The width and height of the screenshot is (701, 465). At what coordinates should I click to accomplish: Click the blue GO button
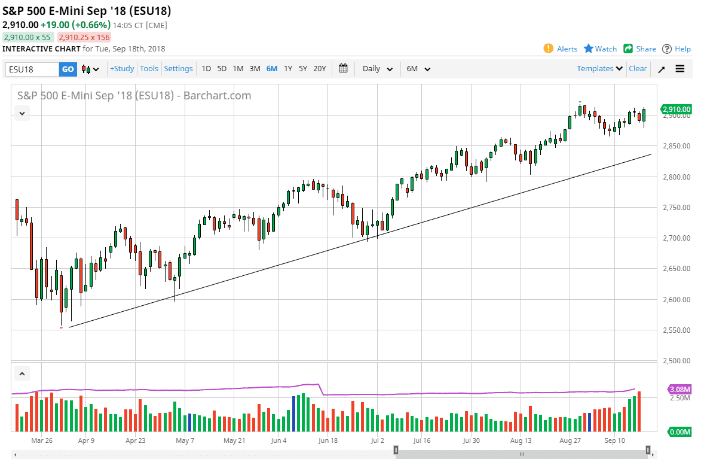tap(68, 69)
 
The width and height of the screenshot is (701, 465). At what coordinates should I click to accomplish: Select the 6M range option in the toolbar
tap(272, 69)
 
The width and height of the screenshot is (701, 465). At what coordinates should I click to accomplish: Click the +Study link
tap(122, 69)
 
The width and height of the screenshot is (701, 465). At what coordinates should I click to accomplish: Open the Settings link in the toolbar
tap(178, 69)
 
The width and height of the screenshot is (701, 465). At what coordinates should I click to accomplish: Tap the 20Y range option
tap(320, 69)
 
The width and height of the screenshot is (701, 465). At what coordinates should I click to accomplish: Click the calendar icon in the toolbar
tap(343, 68)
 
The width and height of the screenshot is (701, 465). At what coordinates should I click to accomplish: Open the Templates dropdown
tap(599, 69)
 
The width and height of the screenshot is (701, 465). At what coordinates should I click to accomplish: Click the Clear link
tap(638, 69)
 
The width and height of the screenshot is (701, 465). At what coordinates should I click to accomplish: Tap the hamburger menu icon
tap(680, 69)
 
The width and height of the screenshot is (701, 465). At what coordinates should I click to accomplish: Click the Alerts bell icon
tap(548, 49)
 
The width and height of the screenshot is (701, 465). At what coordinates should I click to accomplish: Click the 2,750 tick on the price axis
tap(678, 208)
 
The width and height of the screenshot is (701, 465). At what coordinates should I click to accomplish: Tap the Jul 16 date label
tap(422, 440)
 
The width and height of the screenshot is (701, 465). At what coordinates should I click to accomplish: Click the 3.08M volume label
tap(679, 389)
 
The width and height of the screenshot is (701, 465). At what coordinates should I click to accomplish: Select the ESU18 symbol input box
tap(32, 69)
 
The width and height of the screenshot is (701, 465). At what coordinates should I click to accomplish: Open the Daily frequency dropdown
tap(377, 69)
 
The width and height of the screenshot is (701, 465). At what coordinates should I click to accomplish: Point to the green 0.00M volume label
tap(679, 431)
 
